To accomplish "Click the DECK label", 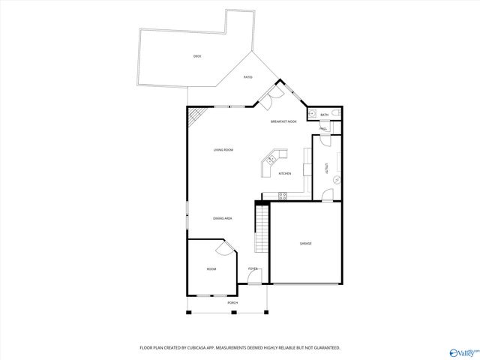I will [x=196, y=56].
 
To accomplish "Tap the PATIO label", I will [x=247, y=77].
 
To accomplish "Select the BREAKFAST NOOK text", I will [x=283, y=121].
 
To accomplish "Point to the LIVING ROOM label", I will [x=223, y=150].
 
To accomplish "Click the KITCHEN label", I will [x=285, y=173].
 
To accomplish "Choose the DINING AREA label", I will [x=222, y=218].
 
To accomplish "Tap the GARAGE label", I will [x=306, y=243].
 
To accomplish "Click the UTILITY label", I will [x=326, y=169].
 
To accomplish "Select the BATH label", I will [x=324, y=115].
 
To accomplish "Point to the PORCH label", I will [x=233, y=302].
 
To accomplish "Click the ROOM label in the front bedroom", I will [x=211, y=268].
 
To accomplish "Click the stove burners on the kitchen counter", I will [x=283, y=196].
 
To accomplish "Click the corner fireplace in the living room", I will [x=196, y=117].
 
